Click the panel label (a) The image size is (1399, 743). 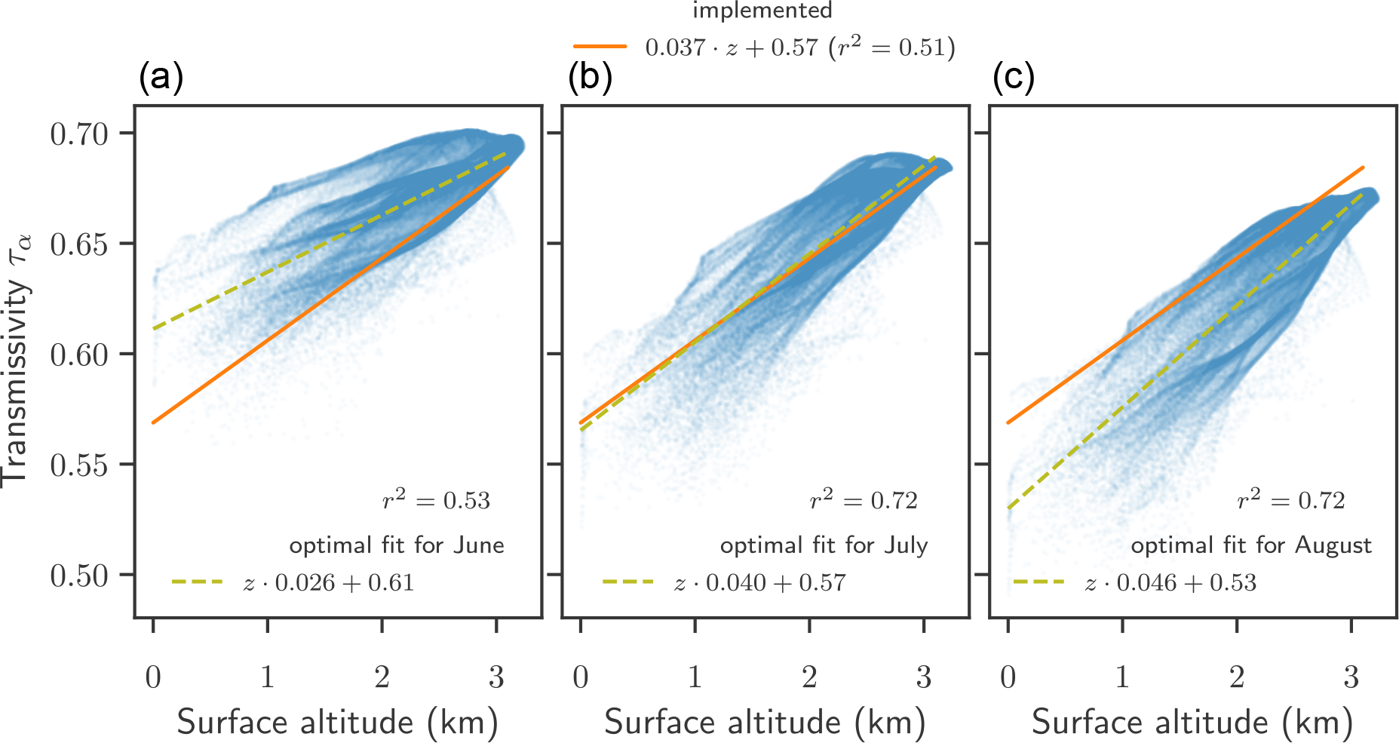click(x=161, y=78)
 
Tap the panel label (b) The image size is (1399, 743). click(x=590, y=78)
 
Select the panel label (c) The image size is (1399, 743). click(x=1013, y=78)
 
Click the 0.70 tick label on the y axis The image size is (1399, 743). click(x=79, y=134)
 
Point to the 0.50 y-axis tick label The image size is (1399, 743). click(x=79, y=576)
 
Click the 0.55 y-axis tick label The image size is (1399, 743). click(x=79, y=465)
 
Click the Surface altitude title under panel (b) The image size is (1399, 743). click(x=765, y=722)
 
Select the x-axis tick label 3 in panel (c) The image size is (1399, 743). click(x=1351, y=677)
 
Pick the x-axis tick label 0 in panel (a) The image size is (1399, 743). click(x=153, y=677)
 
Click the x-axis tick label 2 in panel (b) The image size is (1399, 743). click(x=809, y=677)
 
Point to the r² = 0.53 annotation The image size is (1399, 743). click(x=436, y=500)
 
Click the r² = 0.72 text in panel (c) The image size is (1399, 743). click(x=1291, y=500)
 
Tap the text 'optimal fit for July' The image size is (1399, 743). click(x=824, y=545)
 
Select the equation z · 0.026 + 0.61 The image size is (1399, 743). click(x=329, y=582)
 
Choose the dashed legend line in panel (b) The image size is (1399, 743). click(x=628, y=582)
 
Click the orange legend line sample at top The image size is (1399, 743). click(x=600, y=47)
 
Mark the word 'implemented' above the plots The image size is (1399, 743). click(x=762, y=11)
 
